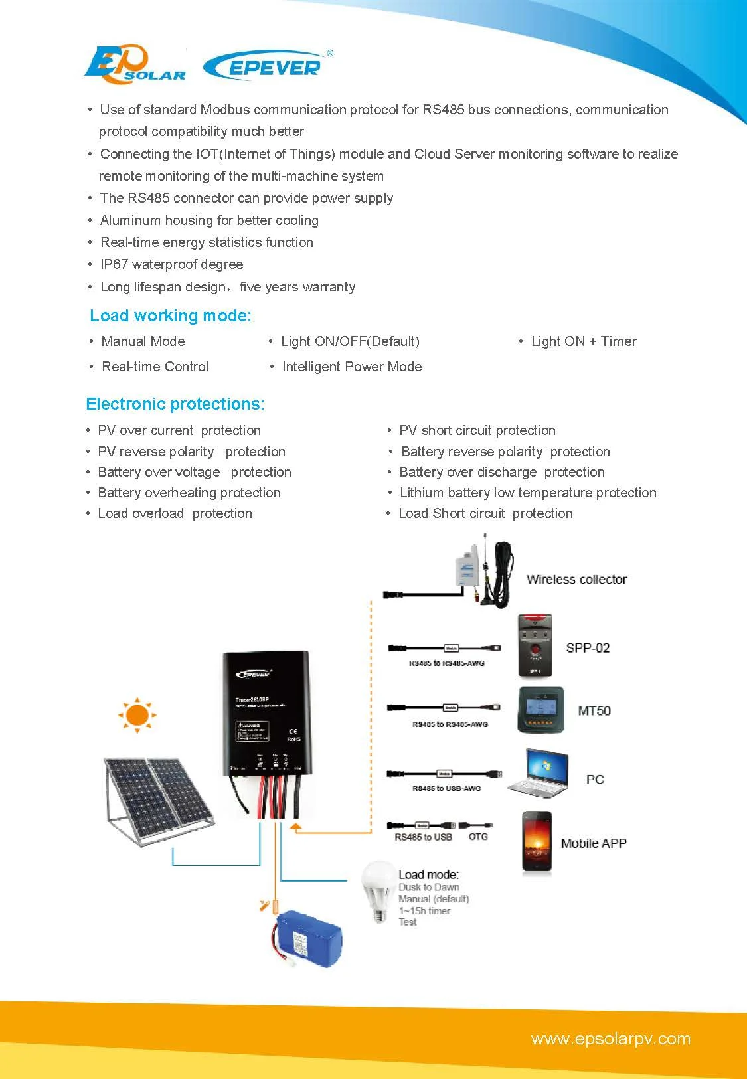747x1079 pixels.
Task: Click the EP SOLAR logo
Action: (135, 64)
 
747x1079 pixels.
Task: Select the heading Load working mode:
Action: (171, 316)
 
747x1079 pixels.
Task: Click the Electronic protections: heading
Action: (175, 404)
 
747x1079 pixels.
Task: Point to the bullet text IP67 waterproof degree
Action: (171, 264)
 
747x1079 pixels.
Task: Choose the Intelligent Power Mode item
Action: (351, 367)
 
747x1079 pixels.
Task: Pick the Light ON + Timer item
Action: (584, 341)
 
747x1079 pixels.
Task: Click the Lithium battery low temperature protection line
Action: (528, 493)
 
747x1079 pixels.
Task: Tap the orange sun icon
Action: (137, 715)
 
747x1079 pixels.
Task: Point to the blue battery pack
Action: (308, 938)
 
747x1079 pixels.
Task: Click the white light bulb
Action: (378, 889)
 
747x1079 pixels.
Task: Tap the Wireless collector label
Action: (576, 580)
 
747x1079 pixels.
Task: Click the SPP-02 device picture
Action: (535, 646)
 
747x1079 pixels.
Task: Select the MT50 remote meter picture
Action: (540, 710)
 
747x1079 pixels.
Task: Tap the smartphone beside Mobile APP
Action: (537, 841)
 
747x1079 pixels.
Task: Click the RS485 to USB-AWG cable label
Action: (446, 788)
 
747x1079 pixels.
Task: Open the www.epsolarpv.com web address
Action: (610, 1038)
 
